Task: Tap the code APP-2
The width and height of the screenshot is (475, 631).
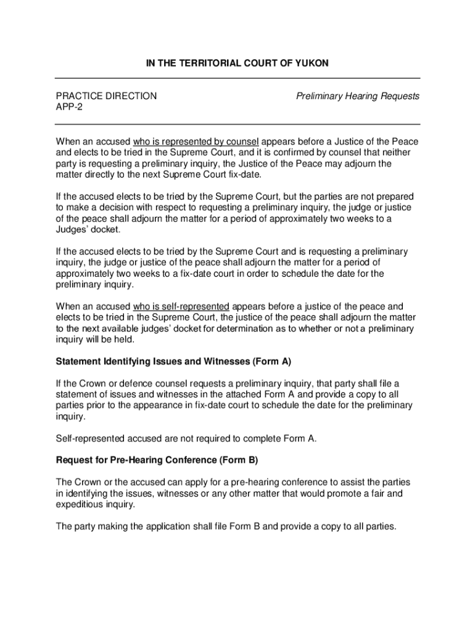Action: coord(69,107)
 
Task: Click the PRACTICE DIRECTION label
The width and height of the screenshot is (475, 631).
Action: coord(106,96)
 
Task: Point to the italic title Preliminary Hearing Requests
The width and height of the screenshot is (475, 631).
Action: coord(358,96)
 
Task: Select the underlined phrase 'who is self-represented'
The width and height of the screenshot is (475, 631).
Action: coord(181,306)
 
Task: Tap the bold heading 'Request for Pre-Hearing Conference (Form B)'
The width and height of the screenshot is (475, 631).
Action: coord(157,460)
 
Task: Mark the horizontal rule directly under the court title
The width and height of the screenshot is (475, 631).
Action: coord(238,78)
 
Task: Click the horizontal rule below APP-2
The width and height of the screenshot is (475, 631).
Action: coord(238,124)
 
